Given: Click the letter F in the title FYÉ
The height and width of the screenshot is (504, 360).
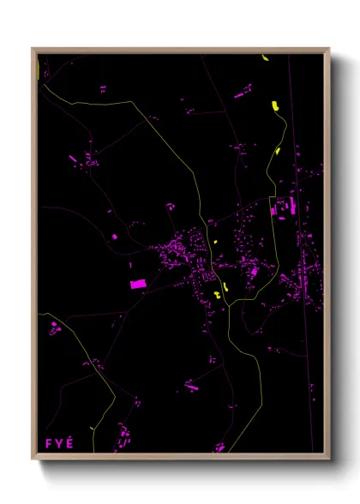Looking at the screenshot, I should [x=48, y=443].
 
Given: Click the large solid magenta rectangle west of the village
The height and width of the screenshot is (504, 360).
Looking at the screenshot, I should [x=137, y=283].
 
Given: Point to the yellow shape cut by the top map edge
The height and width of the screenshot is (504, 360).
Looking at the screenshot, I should [x=265, y=58].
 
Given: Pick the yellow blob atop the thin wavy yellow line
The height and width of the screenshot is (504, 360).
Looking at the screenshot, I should [x=274, y=105].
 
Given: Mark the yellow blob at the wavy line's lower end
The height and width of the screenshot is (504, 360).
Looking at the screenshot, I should [x=278, y=151].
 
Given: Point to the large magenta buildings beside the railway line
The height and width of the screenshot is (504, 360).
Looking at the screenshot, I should [x=285, y=207].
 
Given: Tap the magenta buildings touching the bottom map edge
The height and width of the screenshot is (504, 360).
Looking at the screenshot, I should [x=219, y=447].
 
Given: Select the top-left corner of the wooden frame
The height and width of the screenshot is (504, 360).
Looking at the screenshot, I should [x=33, y=49].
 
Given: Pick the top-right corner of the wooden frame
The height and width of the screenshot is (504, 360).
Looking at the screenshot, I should [x=329, y=49].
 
